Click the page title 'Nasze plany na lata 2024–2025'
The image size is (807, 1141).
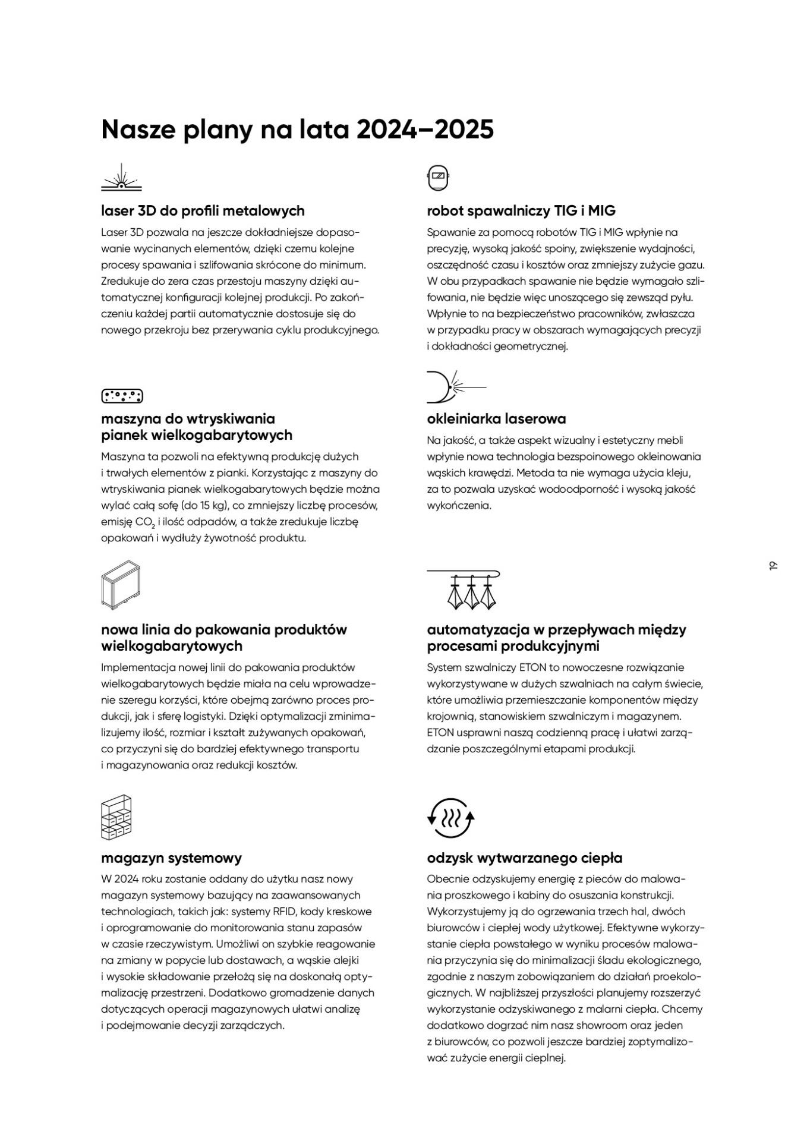point(297,130)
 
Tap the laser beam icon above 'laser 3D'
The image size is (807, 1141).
point(121,178)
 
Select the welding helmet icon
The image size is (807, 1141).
point(439,178)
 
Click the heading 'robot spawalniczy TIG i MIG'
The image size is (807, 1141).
point(521,211)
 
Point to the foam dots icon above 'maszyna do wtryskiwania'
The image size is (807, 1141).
point(122,396)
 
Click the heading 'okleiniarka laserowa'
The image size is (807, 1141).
point(496,419)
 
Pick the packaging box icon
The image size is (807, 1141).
point(121,585)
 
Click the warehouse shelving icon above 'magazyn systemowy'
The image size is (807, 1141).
point(116,817)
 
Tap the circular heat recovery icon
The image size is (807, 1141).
point(451,818)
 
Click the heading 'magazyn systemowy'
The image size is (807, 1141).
point(171,858)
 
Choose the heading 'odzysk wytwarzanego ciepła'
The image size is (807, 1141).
point(524,858)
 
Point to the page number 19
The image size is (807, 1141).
point(773,565)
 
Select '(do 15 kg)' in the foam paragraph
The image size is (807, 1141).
point(206,506)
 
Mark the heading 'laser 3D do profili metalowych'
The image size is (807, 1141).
point(203,211)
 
